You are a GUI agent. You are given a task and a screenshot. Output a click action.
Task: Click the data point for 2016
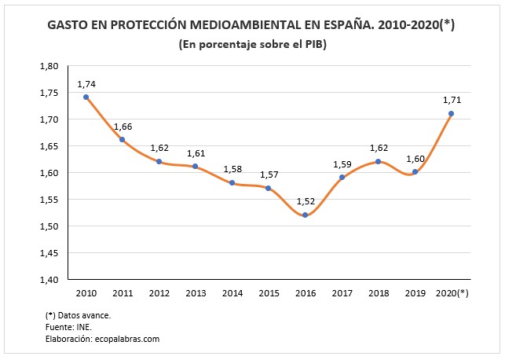pos(305,215)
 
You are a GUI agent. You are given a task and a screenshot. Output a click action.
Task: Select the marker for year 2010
pos(86,97)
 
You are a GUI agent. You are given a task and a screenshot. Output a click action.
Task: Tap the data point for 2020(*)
pos(451,113)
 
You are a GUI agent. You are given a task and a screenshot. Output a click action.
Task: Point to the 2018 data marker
pos(378,161)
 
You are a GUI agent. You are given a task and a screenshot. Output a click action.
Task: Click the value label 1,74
pos(86,83)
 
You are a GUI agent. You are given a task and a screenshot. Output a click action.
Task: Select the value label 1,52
pos(305,200)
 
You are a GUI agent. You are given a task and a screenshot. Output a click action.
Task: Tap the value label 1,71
pos(452,99)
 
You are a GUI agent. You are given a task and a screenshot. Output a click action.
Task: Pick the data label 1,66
pos(123,126)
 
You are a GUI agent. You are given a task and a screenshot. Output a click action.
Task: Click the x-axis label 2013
pos(196,293)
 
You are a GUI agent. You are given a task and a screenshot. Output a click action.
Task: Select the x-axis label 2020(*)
pos(451,293)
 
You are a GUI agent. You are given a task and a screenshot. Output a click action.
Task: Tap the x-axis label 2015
pos(269,293)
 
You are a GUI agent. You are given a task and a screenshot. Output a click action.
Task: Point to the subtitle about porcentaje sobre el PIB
pos(252,44)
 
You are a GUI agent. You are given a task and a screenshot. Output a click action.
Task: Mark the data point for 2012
pos(159,161)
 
